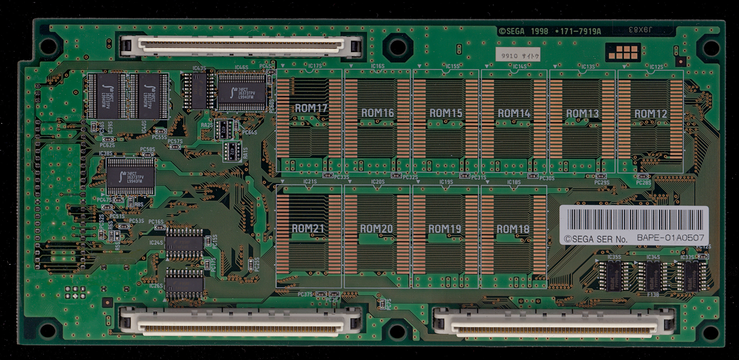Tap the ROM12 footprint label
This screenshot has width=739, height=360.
point(651,114)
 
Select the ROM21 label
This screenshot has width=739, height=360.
point(308,228)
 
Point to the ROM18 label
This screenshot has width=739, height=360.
point(513,229)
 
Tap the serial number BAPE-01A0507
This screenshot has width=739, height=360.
point(670,238)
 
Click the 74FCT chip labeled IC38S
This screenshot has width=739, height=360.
point(131,177)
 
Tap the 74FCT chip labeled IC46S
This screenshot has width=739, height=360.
point(242,92)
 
